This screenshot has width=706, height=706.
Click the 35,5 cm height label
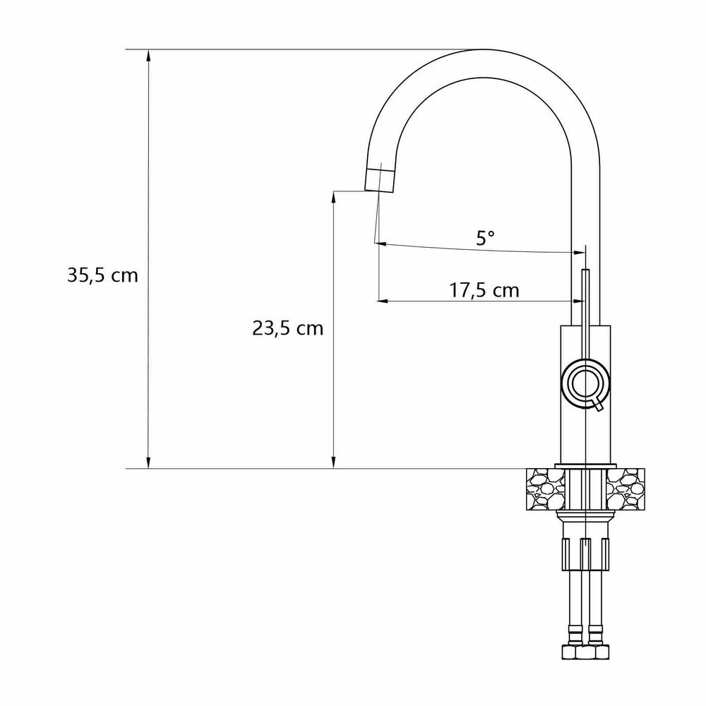click(x=102, y=275)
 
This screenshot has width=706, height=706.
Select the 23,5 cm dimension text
click(x=288, y=328)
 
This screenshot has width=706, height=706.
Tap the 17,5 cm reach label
click(x=484, y=290)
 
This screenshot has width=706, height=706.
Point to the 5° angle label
click(x=486, y=238)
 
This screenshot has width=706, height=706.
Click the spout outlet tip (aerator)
click(x=380, y=180)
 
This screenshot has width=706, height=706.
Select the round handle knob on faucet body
click(x=585, y=383)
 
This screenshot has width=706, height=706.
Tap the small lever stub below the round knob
click(x=597, y=406)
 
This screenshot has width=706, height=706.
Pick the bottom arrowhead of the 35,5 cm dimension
click(x=148, y=462)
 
